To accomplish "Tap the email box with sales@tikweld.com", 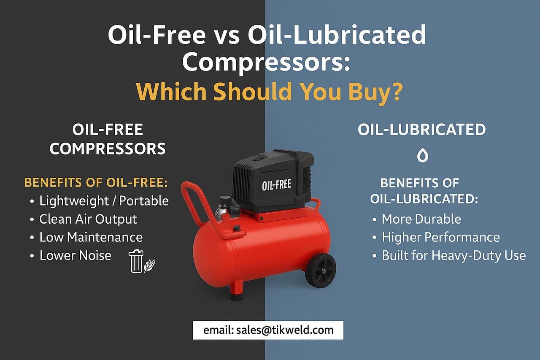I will point(268,330).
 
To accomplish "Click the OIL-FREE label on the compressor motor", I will point(276,184).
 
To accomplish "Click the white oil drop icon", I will point(422,156).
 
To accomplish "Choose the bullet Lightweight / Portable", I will point(104,201).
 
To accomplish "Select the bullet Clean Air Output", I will point(88,219).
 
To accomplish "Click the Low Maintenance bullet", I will point(91,237).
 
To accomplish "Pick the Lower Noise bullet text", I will point(75,255).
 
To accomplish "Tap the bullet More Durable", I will point(421,219).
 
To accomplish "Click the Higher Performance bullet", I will point(440,237).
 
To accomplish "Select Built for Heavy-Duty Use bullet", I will point(454,255).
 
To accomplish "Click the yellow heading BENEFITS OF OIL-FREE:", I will point(96,183).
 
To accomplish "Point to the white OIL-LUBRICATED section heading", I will point(422,130).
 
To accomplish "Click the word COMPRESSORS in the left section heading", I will point(108,149).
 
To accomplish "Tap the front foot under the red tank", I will point(237,291).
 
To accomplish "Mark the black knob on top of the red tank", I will point(237,228).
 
